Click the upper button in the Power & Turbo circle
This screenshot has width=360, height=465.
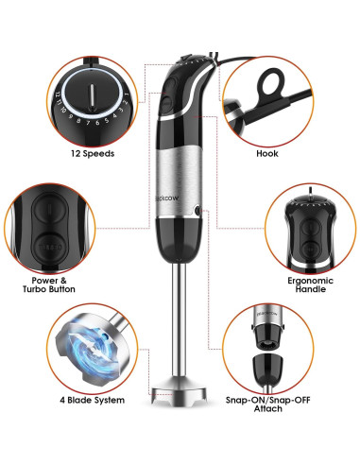[x=49, y=209]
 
